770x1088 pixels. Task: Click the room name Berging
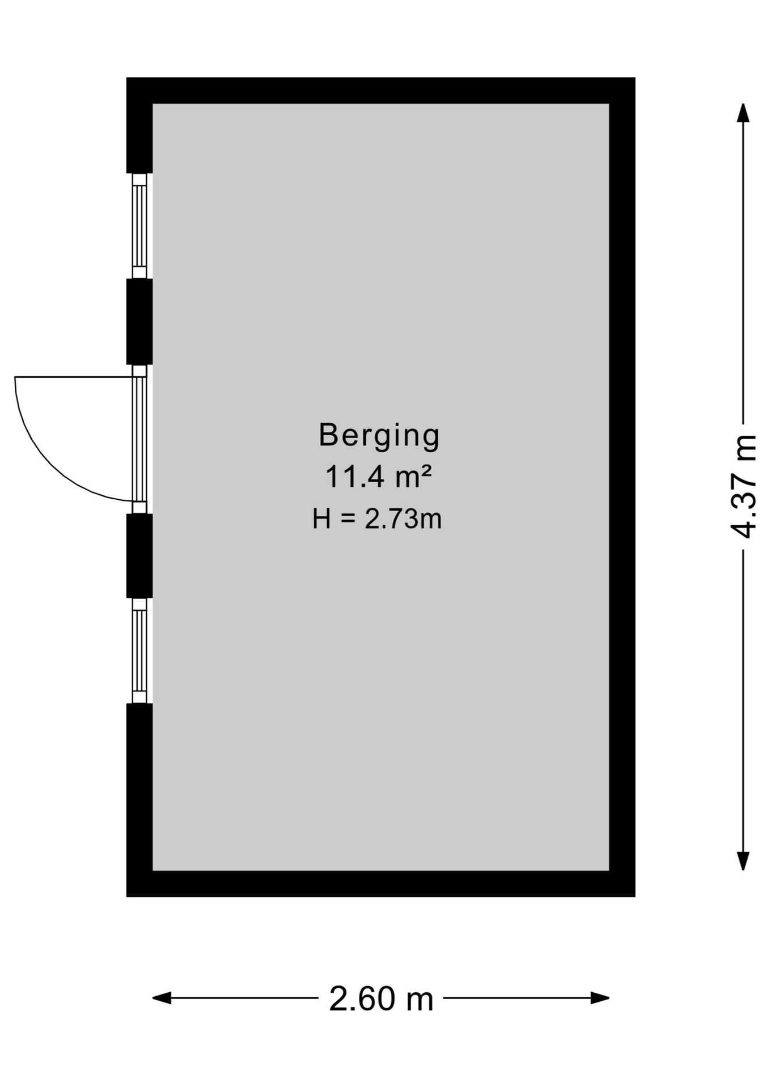tap(379, 436)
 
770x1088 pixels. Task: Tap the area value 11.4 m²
tap(378, 477)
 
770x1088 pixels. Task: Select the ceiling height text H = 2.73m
tap(377, 518)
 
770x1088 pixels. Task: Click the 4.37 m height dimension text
tap(743, 486)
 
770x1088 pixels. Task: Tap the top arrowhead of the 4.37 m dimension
tap(743, 113)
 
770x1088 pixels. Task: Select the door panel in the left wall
tap(139, 439)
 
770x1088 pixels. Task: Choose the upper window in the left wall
tap(139, 226)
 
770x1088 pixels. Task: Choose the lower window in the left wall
tap(139, 651)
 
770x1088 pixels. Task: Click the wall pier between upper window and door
tap(139, 321)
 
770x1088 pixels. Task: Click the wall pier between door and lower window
tap(139, 555)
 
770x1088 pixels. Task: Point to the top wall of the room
tap(380, 90)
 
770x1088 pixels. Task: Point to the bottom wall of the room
tap(380, 883)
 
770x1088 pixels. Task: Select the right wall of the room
tap(622, 487)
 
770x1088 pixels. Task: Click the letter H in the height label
tap(321, 518)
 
